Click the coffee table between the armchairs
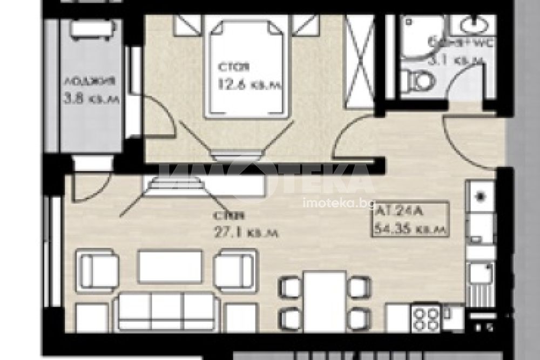click(170, 266)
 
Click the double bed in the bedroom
click(246, 67)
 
